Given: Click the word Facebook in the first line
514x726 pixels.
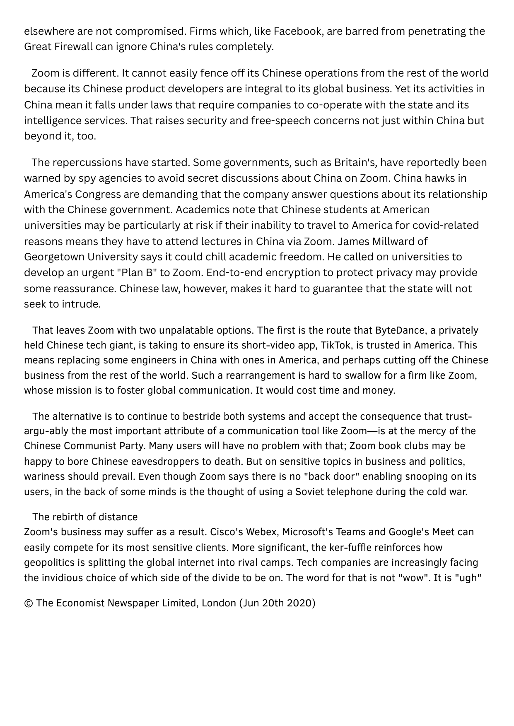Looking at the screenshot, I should [x=298, y=31].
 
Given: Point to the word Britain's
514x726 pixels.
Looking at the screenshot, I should [x=355, y=162].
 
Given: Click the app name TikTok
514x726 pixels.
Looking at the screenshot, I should [x=335, y=345].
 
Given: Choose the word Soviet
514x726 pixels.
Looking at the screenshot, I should [x=310, y=492].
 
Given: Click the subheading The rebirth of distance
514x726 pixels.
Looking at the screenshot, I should [x=85, y=517].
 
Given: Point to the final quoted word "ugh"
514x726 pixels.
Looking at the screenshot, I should [x=468, y=577].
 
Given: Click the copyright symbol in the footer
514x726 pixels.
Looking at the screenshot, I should [x=28, y=603].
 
